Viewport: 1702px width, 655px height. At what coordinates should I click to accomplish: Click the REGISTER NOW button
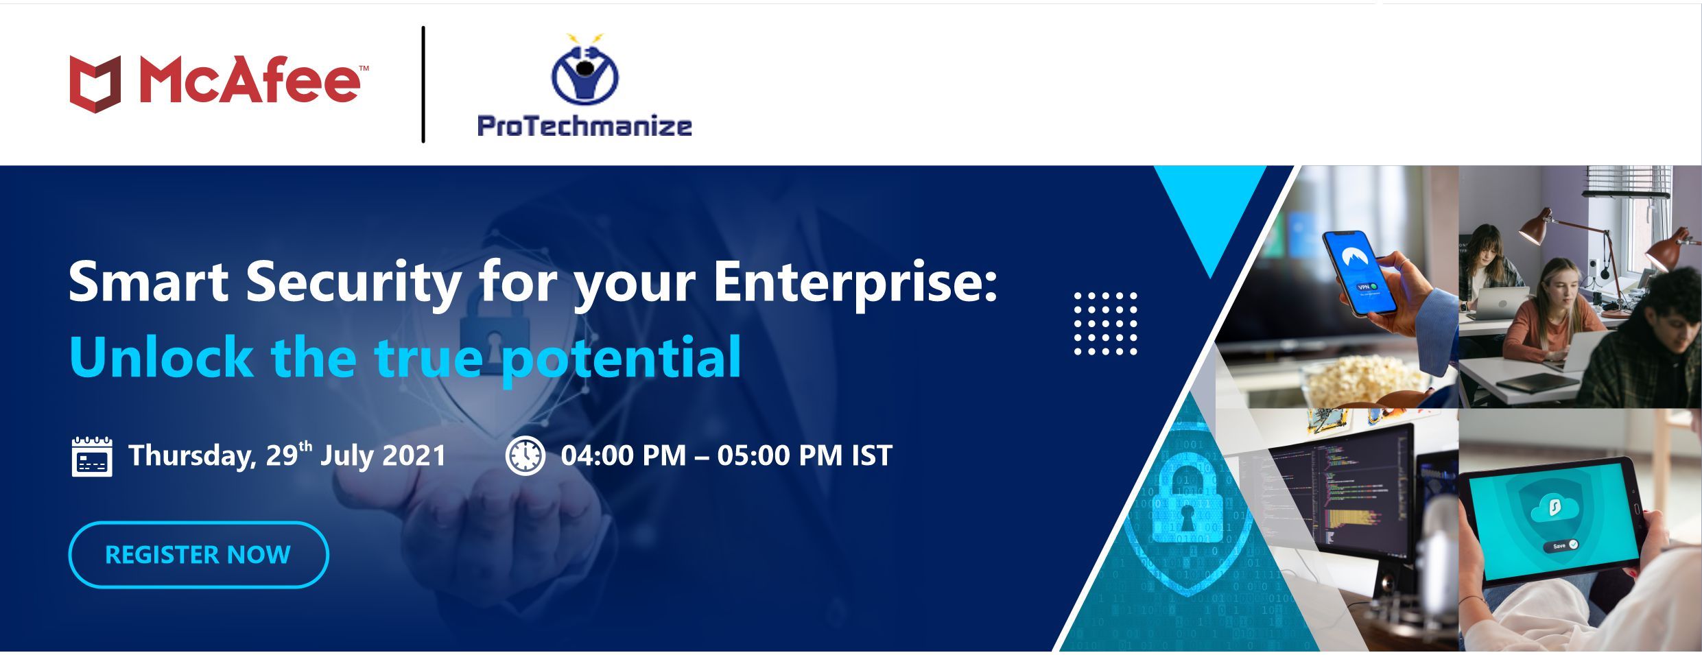(x=198, y=554)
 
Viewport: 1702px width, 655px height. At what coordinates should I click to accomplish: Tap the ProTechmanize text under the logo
(x=584, y=126)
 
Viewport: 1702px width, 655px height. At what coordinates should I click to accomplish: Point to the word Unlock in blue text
(x=161, y=357)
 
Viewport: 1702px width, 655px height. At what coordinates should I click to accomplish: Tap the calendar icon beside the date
(x=92, y=455)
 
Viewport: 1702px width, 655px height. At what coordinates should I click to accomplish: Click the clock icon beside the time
(x=525, y=455)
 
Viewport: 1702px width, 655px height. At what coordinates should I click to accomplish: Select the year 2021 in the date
(x=414, y=455)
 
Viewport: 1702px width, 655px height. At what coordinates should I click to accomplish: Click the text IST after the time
(x=872, y=455)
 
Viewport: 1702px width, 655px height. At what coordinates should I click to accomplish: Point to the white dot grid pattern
(x=1105, y=323)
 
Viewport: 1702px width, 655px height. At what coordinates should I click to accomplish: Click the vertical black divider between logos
(x=423, y=84)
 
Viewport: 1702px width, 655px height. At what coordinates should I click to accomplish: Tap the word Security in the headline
(x=353, y=283)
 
